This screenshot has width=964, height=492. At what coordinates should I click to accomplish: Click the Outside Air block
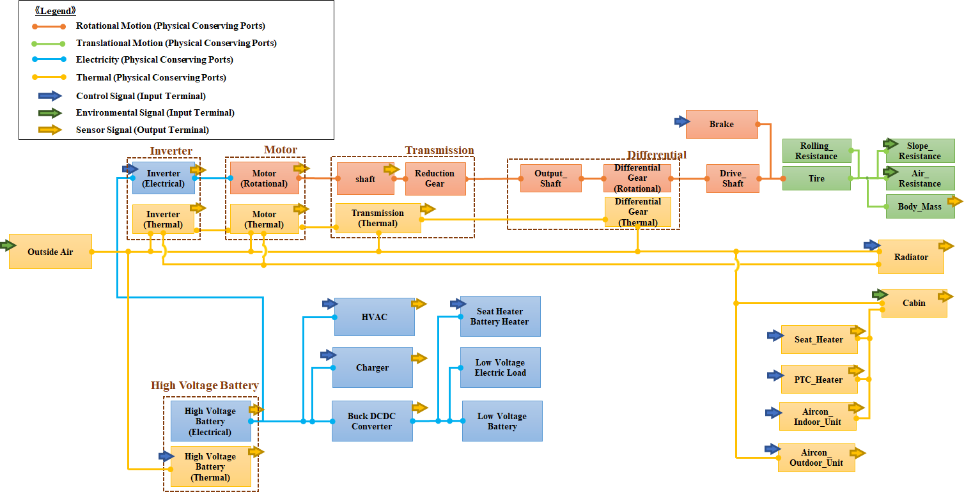click(50, 252)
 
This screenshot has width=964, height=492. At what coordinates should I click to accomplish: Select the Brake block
click(722, 124)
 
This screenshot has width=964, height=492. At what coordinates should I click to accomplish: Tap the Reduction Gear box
click(435, 178)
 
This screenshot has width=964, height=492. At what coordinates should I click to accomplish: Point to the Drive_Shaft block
click(733, 178)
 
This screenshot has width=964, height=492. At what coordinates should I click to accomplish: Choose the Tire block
click(816, 179)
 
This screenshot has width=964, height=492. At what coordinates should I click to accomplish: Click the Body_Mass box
click(919, 207)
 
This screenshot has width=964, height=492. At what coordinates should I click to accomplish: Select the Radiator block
click(911, 257)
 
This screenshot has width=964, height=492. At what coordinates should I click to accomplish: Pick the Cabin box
click(913, 303)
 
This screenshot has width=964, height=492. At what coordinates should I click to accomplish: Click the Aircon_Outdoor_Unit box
click(816, 457)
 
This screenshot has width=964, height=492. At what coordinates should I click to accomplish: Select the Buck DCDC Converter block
click(371, 421)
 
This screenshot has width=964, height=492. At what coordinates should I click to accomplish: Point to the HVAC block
click(374, 317)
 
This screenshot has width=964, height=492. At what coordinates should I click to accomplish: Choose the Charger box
click(372, 367)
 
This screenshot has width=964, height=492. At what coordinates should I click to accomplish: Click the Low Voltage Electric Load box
click(500, 367)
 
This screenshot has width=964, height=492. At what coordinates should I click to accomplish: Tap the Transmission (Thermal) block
click(377, 219)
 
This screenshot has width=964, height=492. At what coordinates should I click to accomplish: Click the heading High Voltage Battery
click(205, 385)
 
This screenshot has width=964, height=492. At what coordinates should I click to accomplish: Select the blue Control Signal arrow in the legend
click(49, 96)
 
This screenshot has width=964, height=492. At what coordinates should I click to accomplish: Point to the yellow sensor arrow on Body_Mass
click(954, 201)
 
